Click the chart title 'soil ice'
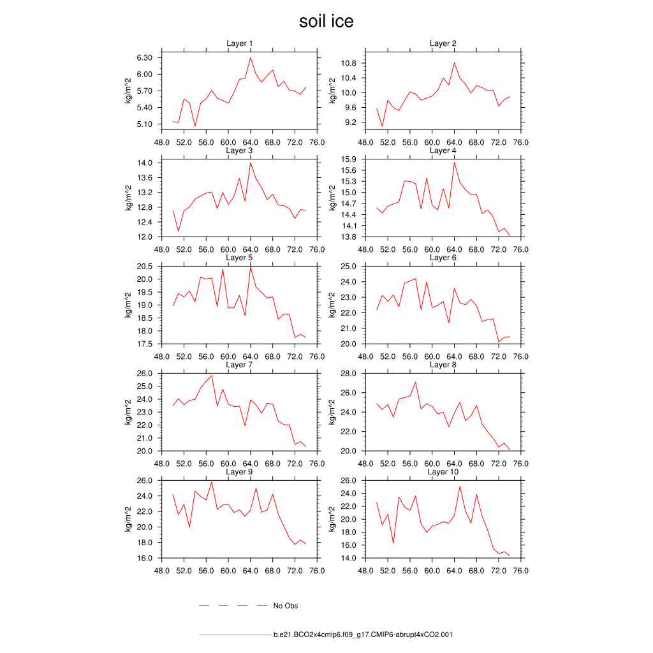coord(326,21)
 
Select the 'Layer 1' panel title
coord(240,43)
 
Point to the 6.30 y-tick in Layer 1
coord(144,57)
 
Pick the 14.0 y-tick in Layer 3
coord(146,163)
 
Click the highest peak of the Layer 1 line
coord(251,57)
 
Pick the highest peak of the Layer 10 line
coord(460,487)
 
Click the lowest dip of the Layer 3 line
coord(179,231)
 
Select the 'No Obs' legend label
coord(285,606)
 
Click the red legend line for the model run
coord(235,635)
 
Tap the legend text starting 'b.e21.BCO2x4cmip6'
coord(363,635)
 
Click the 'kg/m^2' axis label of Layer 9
coord(128,519)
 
